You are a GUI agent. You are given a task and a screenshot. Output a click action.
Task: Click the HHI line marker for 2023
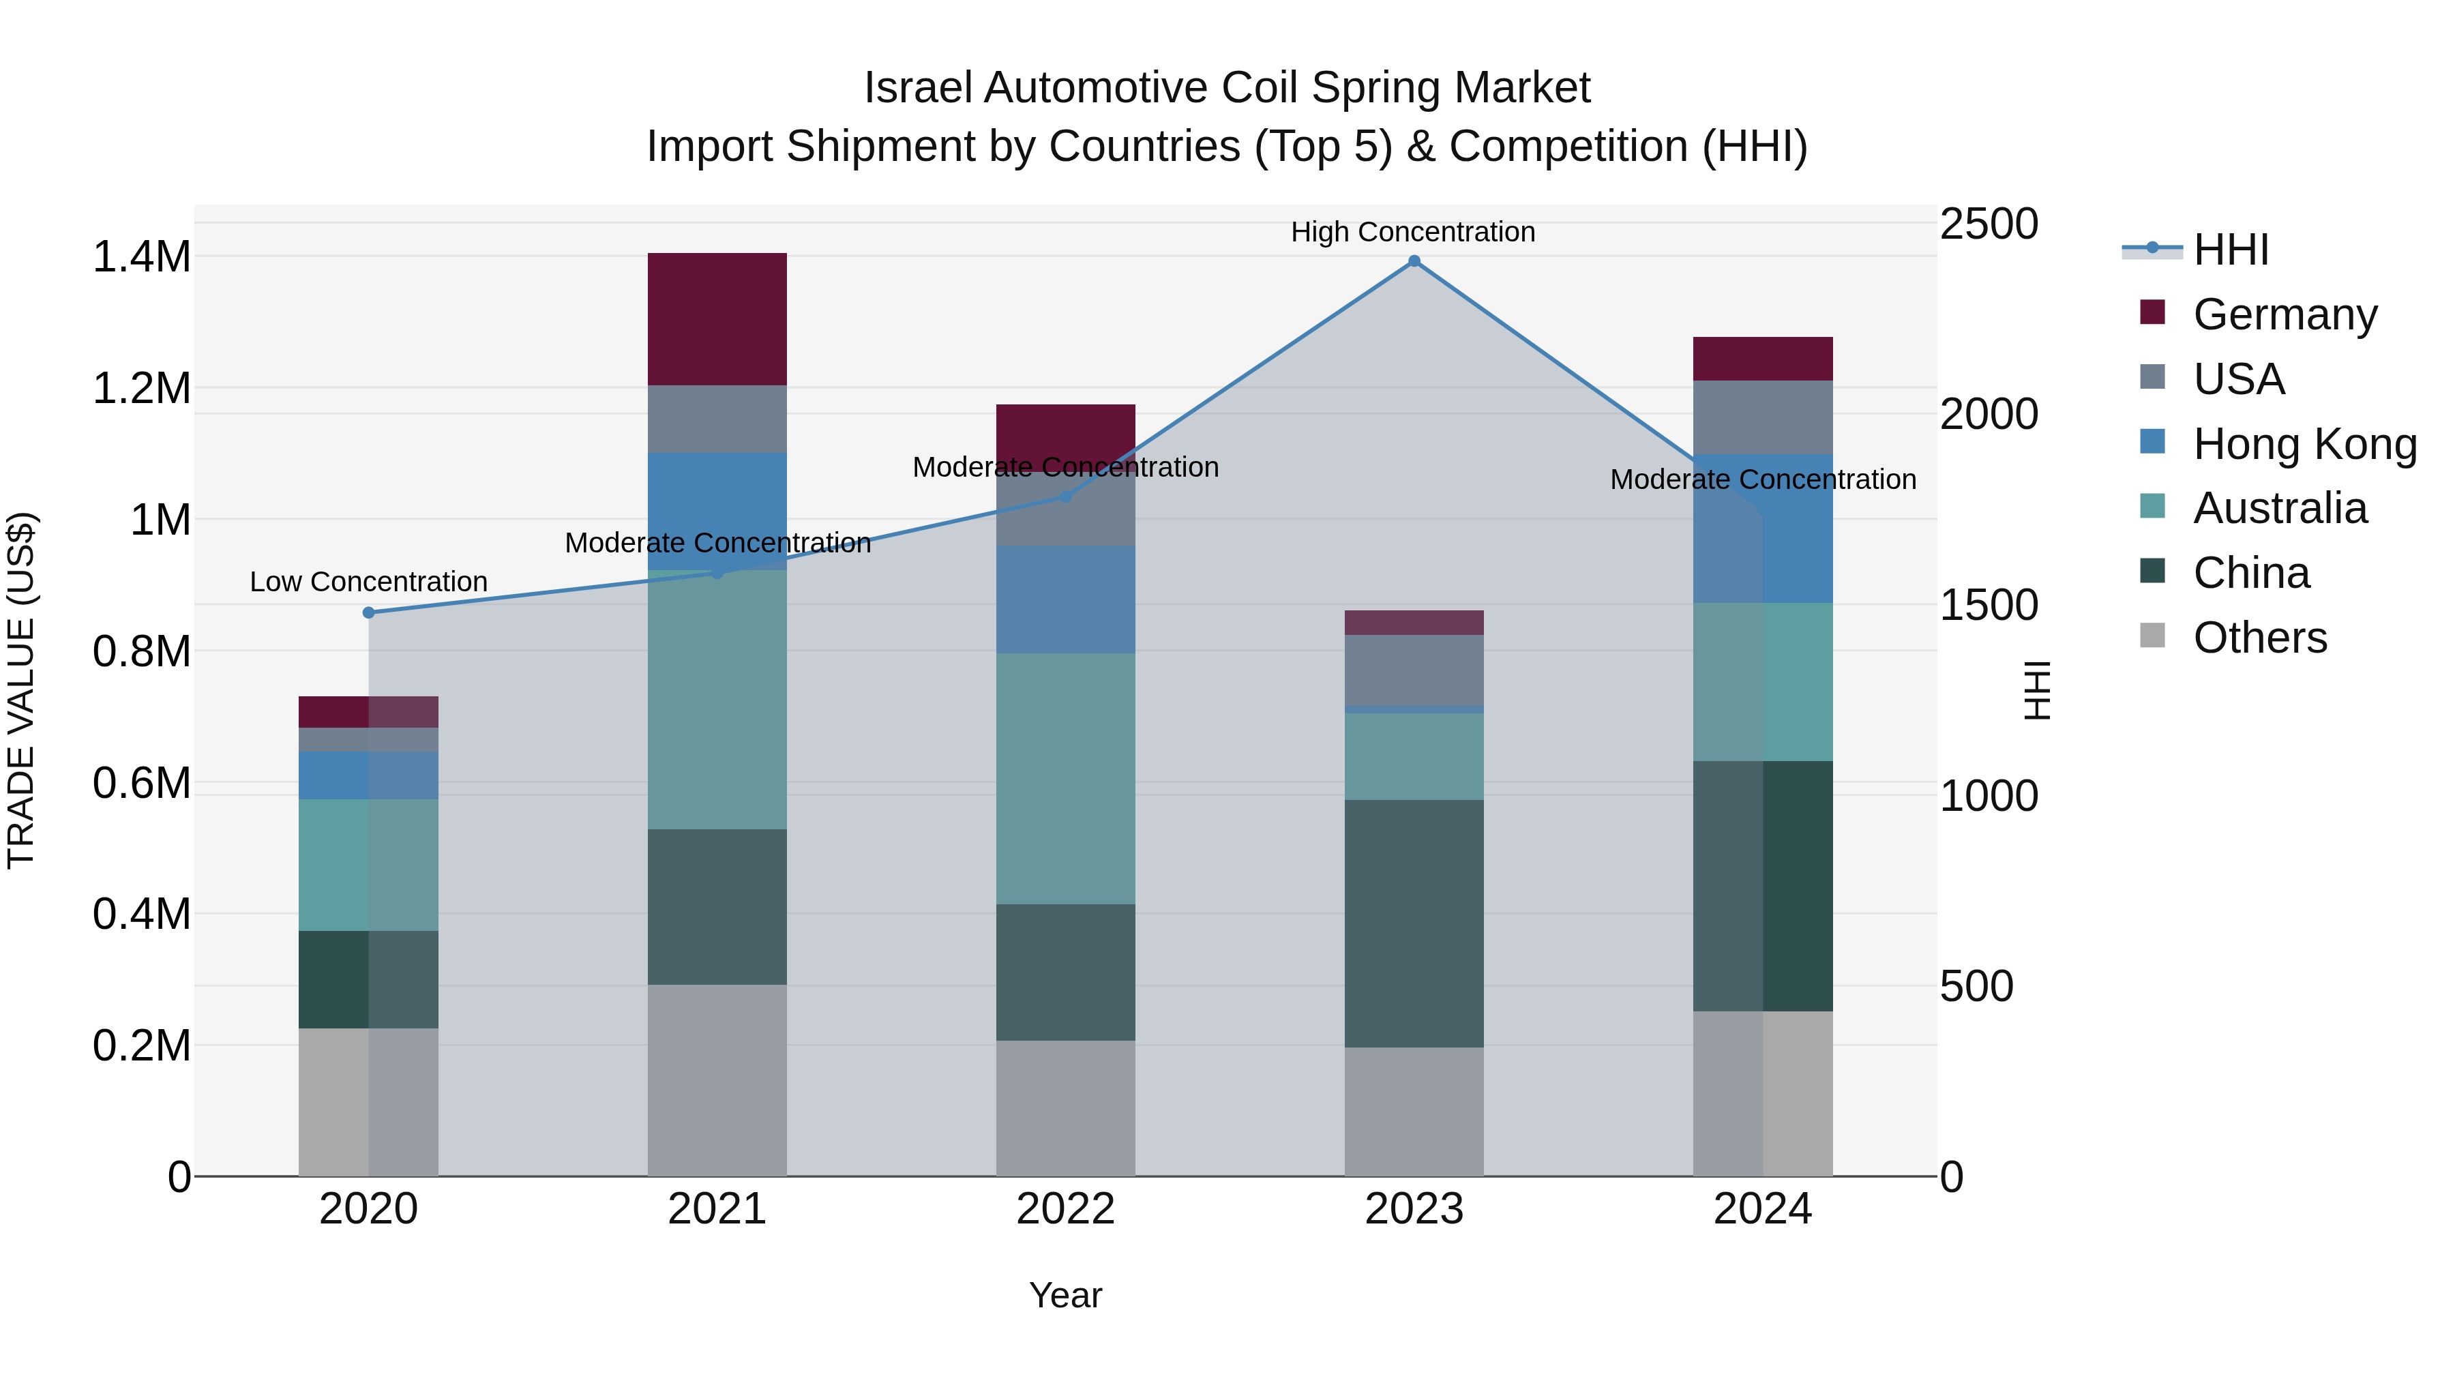click(x=1414, y=261)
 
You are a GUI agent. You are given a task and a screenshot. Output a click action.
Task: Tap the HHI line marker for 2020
click(x=369, y=613)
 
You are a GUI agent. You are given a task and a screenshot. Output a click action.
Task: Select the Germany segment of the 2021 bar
click(x=717, y=319)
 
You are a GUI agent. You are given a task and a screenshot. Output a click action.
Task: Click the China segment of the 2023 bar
click(x=1414, y=923)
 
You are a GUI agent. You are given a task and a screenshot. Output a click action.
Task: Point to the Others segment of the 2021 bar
click(x=717, y=1080)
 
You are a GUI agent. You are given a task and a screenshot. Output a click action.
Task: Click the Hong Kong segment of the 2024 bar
click(x=1762, y=529)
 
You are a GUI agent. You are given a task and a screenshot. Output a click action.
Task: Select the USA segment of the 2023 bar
click(x=1414, y=670)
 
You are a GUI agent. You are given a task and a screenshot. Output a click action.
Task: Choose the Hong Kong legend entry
click(x=2304, y=444)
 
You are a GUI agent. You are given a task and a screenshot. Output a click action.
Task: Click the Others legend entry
click(x=2260, y=638)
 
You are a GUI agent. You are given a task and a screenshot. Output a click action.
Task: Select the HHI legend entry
click(x=2230, y=250)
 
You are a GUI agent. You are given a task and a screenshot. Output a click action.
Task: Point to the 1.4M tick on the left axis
click(x=141, y=257)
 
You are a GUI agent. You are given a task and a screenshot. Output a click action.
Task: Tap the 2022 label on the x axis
click(x=1065, y=1209)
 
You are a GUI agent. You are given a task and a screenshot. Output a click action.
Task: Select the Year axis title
click(x=1065, y=1295)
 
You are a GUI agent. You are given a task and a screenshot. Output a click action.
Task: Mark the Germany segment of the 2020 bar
click(x=369, y=712)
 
